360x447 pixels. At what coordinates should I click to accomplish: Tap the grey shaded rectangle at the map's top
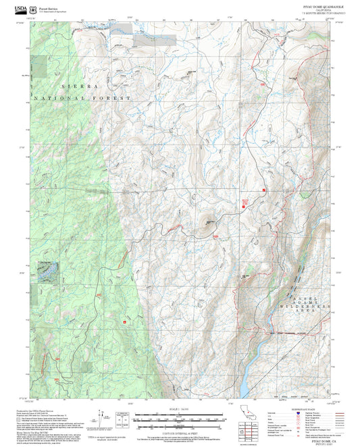155,40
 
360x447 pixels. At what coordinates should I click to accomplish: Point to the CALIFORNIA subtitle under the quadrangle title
317,11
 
